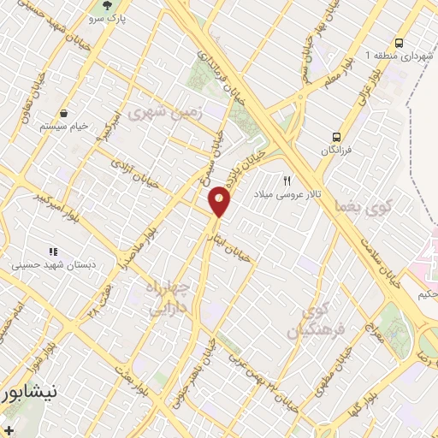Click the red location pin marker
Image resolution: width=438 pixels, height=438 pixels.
tap(220, 201)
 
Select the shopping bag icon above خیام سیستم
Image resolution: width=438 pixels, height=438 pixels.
tap(64, 114)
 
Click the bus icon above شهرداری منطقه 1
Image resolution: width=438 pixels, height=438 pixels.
tap(399, 43)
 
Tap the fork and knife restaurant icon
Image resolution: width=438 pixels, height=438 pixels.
tap(287, 181)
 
